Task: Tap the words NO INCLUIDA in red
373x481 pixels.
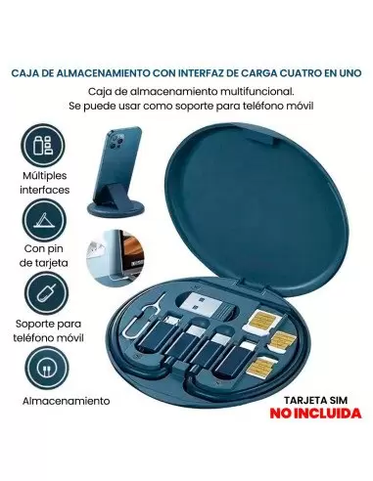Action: [x=315, y=414]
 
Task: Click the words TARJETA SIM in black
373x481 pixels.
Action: [x=315, y=400]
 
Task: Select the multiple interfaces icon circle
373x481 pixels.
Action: [x=43, y=146]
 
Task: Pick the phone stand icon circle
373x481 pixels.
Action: [x=44, y=220]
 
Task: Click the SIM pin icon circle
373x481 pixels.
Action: [x=47, y=293]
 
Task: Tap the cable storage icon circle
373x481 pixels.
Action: [x=47, y=368]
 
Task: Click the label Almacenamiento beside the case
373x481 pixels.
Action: [x=67, y=401]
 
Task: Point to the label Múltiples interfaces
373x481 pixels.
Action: [x=45, y=183]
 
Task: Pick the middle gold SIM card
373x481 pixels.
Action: [x=282, y=341]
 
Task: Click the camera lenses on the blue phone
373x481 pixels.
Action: [x=117, y=141]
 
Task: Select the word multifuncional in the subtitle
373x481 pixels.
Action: [x=257, y=92]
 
